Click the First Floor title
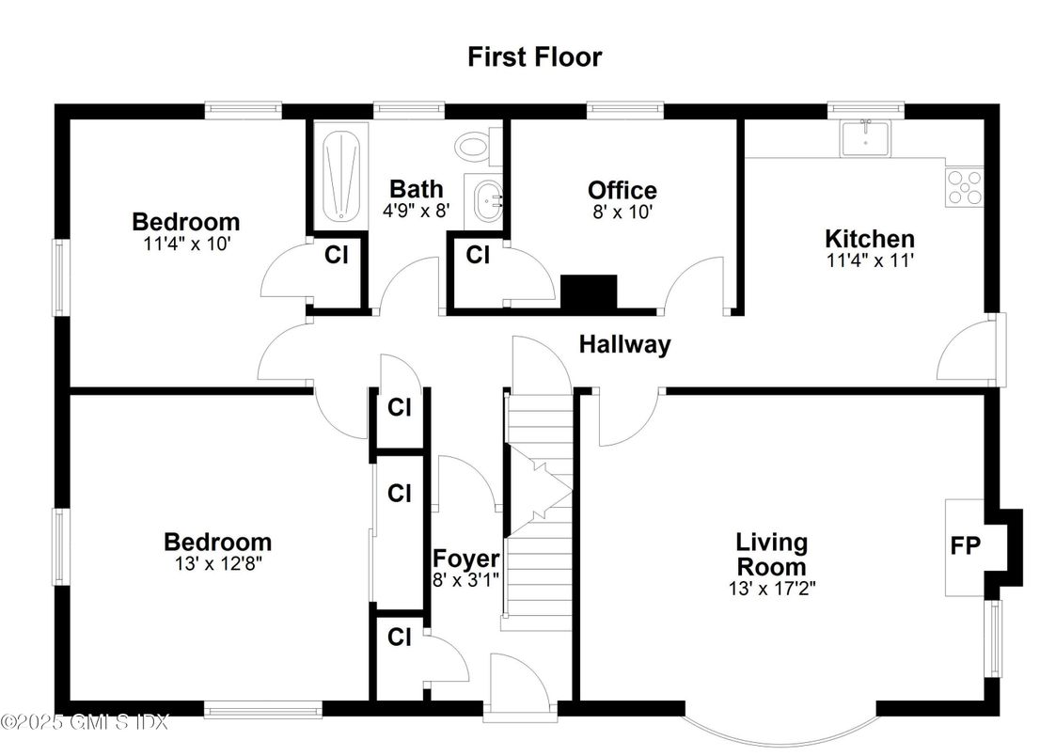pyautogui.click(x=534, y=56)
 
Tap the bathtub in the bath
pyautogui.click(x=339, y=176)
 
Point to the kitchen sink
pyautogui.click(x=865, y=139)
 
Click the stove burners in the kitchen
pyautogui.click(x=964, y=186)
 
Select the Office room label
pyautogui.click(x=622, y=191)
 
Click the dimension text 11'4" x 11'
pyautogui.click(x=869, y=261)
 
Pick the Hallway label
pyautogui.click(x=624, y=344)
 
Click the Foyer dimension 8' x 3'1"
pyautogui.click(x=465, y=580)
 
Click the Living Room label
pyautogui.click(x=771, y=554)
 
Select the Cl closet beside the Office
pyautogui.click(x=478, y=255)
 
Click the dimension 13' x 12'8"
pyautogui.click(x=217, y=564)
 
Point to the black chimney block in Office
pyautogui.click(x=589, y=291)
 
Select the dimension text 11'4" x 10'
pyautogui.click(x=185, y=244)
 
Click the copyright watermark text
pyautogui.click(x=85, y=722)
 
